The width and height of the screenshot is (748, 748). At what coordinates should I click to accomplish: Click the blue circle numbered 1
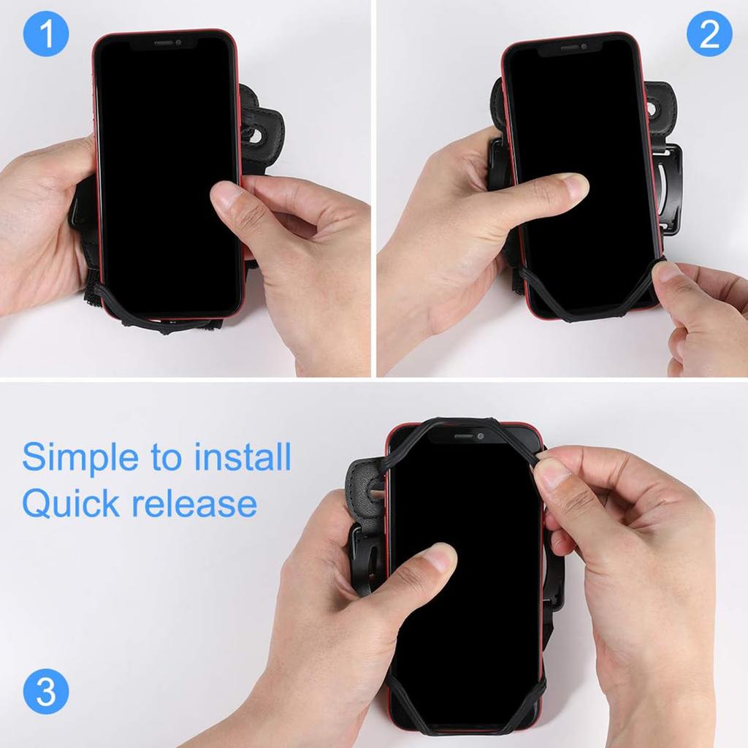[x=46, y=35]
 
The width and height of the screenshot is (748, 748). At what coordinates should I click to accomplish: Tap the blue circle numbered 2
[x=709, y=35]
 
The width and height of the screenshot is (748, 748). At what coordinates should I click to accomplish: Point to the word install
[x=243, y=457]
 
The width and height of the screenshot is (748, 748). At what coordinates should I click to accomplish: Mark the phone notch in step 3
[x=465, y=436]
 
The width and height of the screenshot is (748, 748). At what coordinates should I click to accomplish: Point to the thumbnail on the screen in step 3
[x=440, y=558]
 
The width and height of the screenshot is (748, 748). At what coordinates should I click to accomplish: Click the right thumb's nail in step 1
[x=226, y=196]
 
